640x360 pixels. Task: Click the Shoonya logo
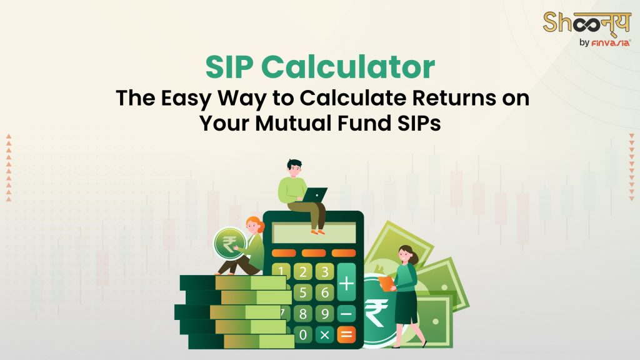point(586,24)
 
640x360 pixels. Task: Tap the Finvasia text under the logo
point(611,42)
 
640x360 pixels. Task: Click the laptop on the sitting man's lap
point(314,195)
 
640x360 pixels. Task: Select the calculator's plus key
point(346,282)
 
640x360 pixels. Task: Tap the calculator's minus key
point(346,314)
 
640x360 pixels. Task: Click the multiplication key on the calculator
point(324,335)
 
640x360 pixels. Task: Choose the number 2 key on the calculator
point(303,272)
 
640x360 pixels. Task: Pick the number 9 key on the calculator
point(324,314)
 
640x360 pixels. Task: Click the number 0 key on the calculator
point(303,335)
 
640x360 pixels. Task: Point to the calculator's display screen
point(314,233)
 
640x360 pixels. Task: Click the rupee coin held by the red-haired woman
point(229,244)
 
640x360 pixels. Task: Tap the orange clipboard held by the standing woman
point(386,282)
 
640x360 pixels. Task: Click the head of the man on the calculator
point(294,167)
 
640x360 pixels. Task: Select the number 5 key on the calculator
point(303,292)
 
